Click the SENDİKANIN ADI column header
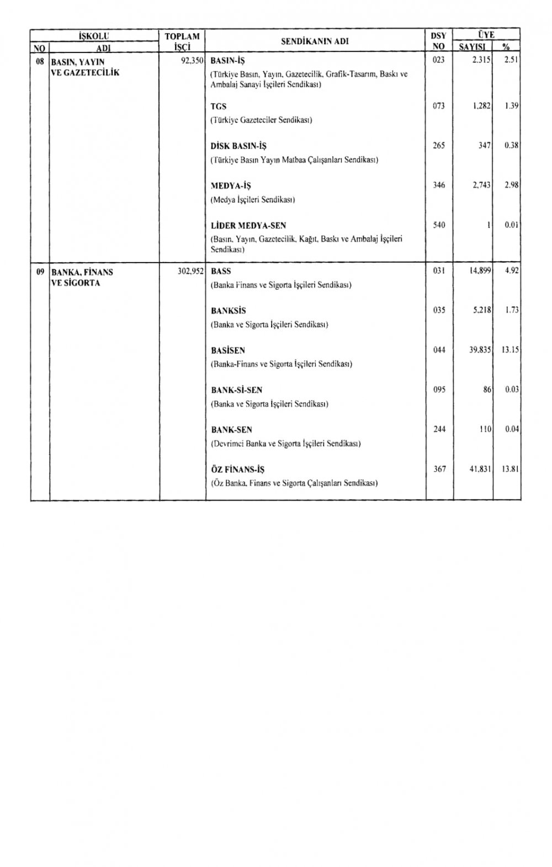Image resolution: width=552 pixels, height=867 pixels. (x=315, y=41)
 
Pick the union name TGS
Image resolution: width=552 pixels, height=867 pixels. (x=219, y=107)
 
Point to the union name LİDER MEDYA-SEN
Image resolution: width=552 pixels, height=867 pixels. (x=248, y=226)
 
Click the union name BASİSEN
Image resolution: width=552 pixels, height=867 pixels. (x=228, y=350)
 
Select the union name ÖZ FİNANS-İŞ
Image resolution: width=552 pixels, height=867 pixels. (x=237, y=470)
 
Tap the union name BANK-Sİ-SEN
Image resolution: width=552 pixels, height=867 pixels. (x=236, y=390)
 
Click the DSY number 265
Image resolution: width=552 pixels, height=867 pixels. (x=439, y=146)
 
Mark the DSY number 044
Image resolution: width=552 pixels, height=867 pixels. (x=439, y=350)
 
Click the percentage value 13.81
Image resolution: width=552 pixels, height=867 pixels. (x=511, y=469)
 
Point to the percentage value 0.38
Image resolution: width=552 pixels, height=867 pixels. (x=512, y=146)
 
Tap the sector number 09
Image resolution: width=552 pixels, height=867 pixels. (x=40, y=272)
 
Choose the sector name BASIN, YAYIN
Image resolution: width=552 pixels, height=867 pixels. (x=78, y=62)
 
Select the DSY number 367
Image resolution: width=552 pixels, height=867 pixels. (x=439, y=469)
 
